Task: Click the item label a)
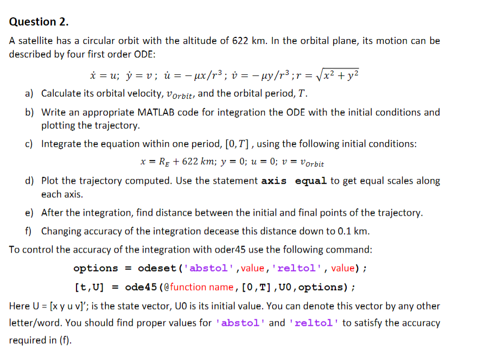(x=30, y=93)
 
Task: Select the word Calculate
(x=63, y=93)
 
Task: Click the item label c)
(x=30, y=144)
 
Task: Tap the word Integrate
(x=62, y=144)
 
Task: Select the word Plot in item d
(x=50, y=181)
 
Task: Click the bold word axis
(x=275, y=181)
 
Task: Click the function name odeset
(x=157, y=268)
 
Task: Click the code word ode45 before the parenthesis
(x=139, y=287)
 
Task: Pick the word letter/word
(x=34, y=323)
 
